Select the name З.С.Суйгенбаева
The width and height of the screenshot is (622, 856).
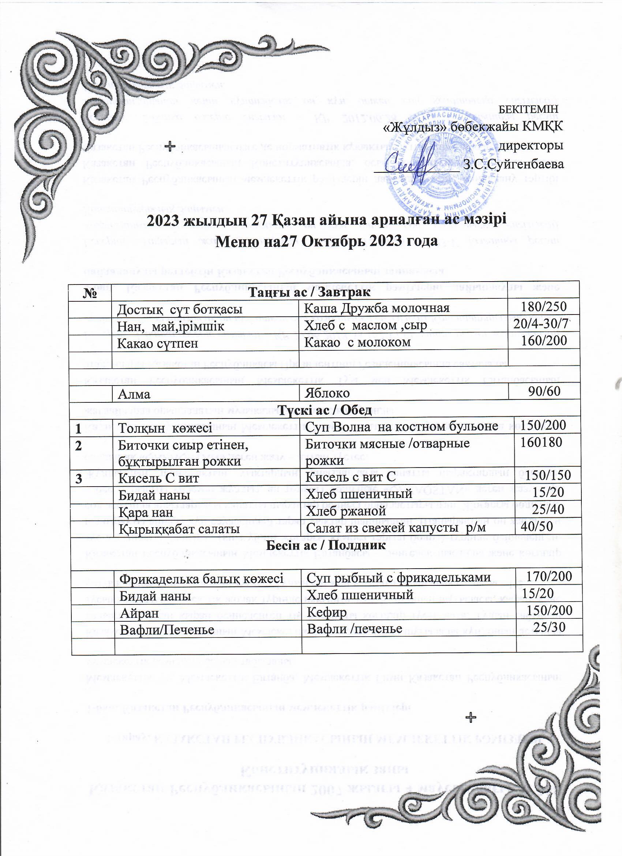click(514, 164)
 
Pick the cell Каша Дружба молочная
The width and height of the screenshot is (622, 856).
click(377, 308)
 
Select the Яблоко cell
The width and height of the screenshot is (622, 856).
click(327, 393)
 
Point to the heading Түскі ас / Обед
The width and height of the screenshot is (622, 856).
click(325, 410)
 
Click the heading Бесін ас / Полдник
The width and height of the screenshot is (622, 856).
click(326, 546)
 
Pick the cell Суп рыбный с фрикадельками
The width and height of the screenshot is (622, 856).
click(398, 577)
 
